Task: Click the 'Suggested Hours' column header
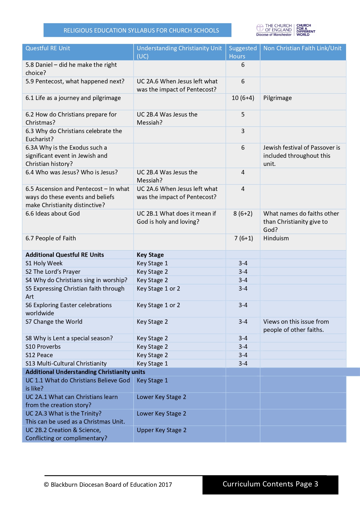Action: pyautogui.click(x=243, y=52)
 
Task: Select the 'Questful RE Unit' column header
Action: pyautogui.click(x=48, y=48)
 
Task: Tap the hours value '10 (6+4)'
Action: pyautogui.click(x=243, y=98)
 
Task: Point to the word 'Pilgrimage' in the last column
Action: pyautogui.click(x=277, y=98)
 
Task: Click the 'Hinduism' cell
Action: pyautogui.click(x=276, y=238)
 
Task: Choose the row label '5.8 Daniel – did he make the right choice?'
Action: pyautogui.click(x=71, y=69)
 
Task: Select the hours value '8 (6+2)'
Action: pyautogui.click(x=243, y=214)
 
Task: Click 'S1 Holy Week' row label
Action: pyautogui.click(x=44, y=263)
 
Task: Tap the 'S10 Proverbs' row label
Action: pyautogui.click(x=43, y=347)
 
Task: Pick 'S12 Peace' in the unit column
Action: pyautogui.click(x=39, y=355)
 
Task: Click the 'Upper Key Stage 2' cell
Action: pyautogui.click(x=161, y=430)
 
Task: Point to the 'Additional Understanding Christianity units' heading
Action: pyautogui.click(x=85, y=372)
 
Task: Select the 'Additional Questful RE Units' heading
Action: pyautogui.click(x=65, y=255)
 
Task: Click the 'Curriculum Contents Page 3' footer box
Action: pyautogui.click(x=270, y=484)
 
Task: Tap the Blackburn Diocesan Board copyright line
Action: pyautogui.click(x=108, y=485)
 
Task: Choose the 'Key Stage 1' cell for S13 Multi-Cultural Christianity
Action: pyautogui.click(x=152, y=364)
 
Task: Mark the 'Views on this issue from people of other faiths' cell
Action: pyautogui.click(x=296, y=326)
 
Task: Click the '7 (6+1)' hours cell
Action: pyautogui.click(x=243, y=238)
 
